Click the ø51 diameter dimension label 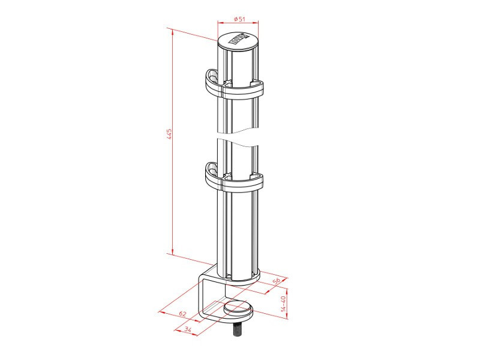(x=238, y=19)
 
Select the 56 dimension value (x=277, y=281)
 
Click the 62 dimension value (x=183, y=314)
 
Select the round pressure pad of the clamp (x=238, y=310)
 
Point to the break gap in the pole (x=238, y=136)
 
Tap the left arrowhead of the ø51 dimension (x=219, y=23)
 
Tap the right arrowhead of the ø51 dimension (x=257, y=23)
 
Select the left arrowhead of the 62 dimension (x=160, y=311)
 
